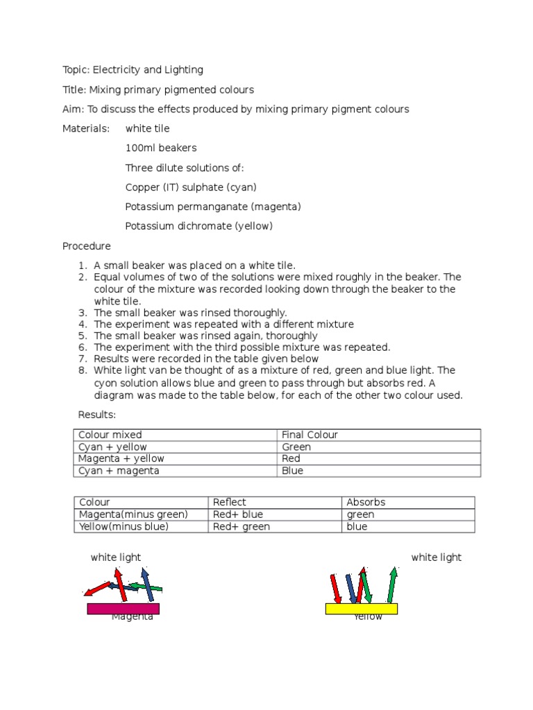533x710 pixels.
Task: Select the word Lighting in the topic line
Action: [183, 69]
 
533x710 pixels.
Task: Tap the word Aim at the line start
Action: [71, 109]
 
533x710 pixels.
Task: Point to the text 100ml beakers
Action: [161, 148]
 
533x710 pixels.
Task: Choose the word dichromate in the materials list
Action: [201, 226]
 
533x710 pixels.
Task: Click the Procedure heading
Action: [86, 245]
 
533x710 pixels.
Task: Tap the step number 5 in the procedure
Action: [83, 336]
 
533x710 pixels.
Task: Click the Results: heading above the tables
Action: [96, 414]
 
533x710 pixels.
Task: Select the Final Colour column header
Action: [310, 435]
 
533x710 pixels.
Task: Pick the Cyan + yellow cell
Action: [112, 447]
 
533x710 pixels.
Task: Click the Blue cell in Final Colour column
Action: [292, 470]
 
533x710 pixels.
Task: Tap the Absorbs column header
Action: [366, 502]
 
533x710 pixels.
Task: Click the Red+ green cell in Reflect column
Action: [241, 526]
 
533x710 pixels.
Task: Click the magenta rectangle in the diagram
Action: [123, 608]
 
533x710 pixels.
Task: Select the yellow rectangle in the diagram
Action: [362, 608]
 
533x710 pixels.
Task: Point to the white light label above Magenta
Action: [115, 557]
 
